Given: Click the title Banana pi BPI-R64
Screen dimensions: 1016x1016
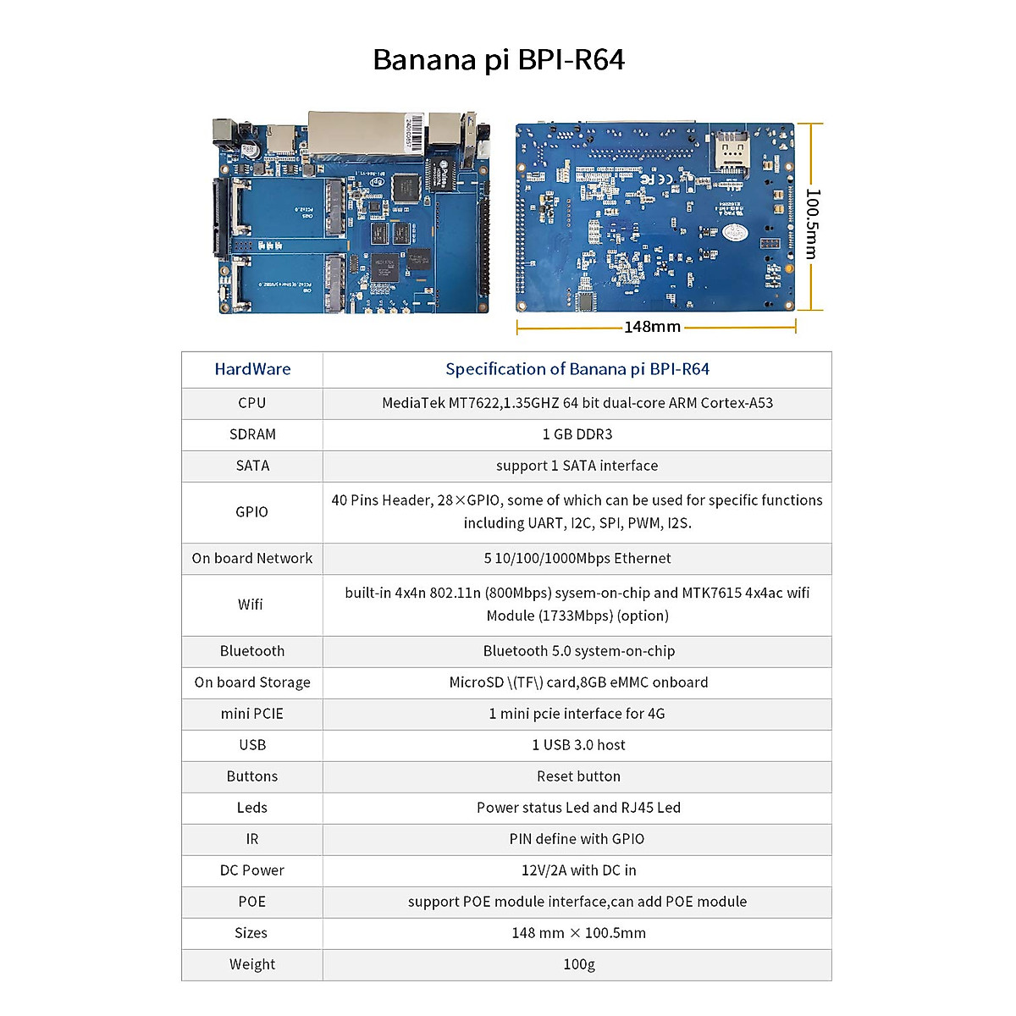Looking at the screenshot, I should tap(499, 60).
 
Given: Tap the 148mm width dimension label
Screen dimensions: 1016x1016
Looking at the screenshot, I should tap(652, 327).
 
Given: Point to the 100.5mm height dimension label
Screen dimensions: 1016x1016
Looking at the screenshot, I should tap(812, 224).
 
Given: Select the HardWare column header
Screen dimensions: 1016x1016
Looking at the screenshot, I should tap(252, 369).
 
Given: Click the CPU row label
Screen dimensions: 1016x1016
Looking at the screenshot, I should tap(252, 403).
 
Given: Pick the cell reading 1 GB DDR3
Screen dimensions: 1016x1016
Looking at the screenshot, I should tap(577, 434).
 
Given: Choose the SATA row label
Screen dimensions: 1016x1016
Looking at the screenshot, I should tap(252, 466).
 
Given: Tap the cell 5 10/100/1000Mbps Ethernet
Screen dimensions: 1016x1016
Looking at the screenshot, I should tap(577, 559).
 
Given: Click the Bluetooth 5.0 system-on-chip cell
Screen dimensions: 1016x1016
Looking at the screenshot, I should tap(578, 651).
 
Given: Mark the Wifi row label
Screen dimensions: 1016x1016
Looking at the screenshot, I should tap(251, 605).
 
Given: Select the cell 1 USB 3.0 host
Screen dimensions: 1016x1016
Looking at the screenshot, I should tap(578, 745).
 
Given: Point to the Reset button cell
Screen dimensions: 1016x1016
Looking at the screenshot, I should tap(578, 776).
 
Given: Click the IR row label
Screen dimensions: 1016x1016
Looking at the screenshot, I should tap(252, 839).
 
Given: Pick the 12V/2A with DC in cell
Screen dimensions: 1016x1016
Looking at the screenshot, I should tap(578, 870).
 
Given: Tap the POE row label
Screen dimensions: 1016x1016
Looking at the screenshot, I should tap(252, 902).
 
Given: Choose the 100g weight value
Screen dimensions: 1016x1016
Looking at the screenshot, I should tap(578, 964).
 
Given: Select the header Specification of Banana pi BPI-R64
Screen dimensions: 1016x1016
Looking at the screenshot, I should tap(577, 369).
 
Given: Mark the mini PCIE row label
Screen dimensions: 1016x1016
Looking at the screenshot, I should tap(252, 714).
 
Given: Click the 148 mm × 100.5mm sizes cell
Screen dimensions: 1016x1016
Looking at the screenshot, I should tap(578, 933).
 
